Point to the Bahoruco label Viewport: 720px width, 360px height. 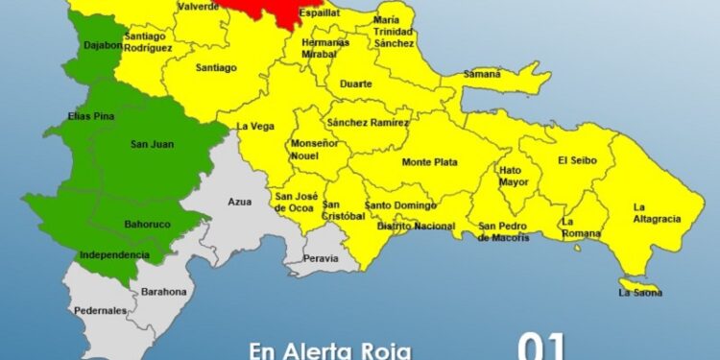tap(148, 225)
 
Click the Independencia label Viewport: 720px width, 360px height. tap(114, 254)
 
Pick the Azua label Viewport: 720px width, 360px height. tap(239, 202)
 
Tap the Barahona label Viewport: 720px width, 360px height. tap(159, 291)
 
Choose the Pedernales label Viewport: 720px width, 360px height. tap(100, 311)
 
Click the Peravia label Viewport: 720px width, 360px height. tap(322, 258)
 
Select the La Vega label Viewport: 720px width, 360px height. tap(255, 126)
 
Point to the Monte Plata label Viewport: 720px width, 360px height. tap(429, 162)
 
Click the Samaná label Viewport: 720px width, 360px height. tap(482, 74)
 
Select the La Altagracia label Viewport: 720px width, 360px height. tap(657, 212)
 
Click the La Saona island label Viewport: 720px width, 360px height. tap(640, 292)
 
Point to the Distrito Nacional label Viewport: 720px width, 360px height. tap(416, 226)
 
